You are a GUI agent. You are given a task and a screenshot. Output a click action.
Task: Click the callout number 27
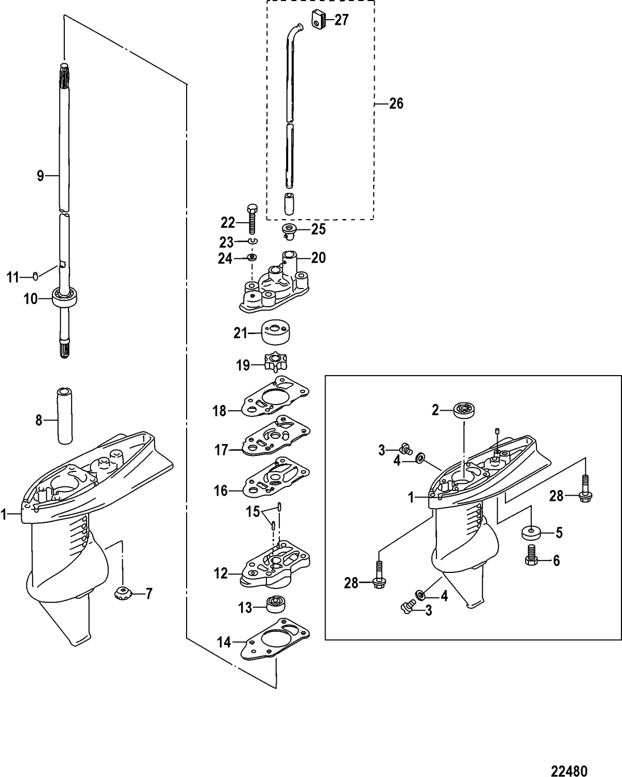tap(342, 20)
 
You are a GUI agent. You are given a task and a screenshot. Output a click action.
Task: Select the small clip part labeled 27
tap(318, 19)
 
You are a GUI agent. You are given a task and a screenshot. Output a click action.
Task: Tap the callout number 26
tap(396, 104)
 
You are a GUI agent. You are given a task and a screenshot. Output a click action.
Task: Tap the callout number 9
tap(40, 176)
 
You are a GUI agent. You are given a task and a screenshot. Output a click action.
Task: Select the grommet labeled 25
tap(289, 230)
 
